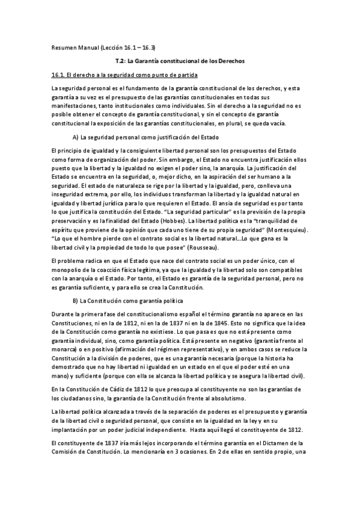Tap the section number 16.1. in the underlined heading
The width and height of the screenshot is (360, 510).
pos(59,74)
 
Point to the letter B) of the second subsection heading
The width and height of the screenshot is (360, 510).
pos(76,300)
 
